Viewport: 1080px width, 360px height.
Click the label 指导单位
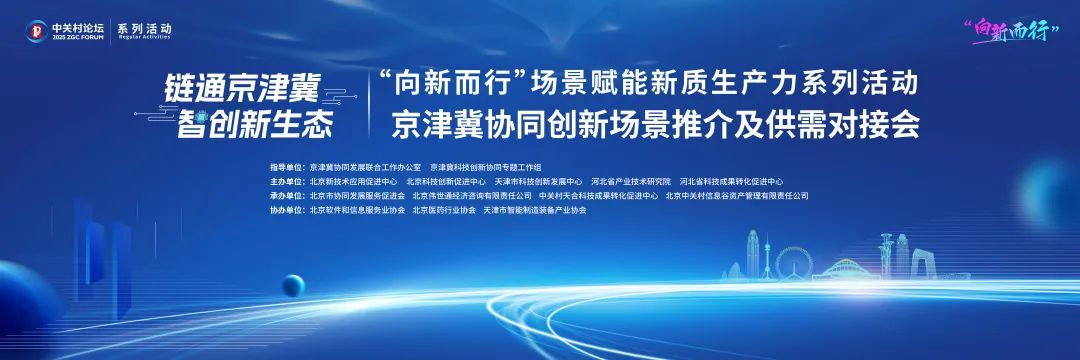pos(285,167)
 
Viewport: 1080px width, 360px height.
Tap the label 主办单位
pos(285,182)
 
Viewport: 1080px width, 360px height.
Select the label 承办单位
pos(285,196)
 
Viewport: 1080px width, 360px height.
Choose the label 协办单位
pos(285,211)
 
